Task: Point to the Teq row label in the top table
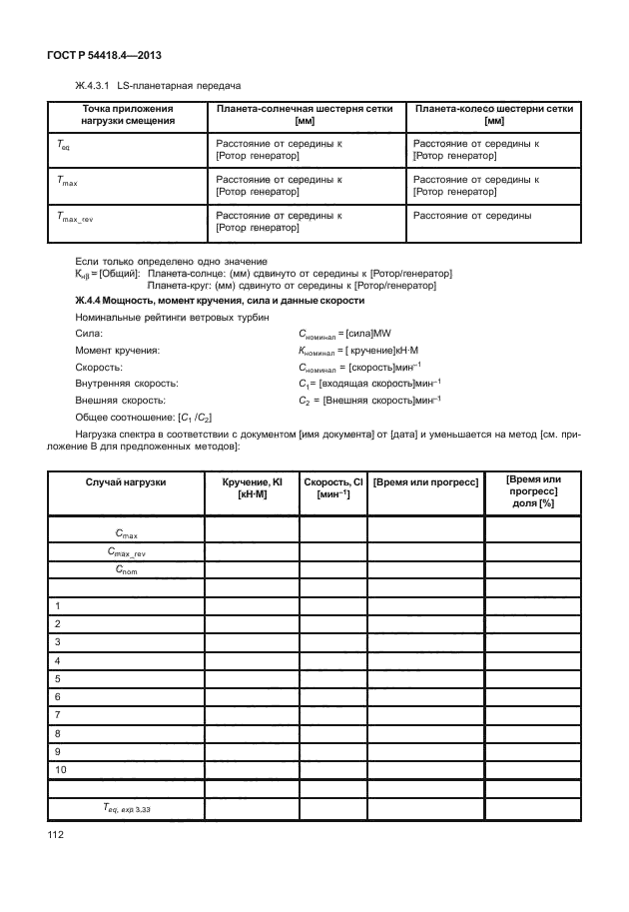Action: [x=62, y=147]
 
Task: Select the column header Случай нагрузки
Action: [x=126, y=481]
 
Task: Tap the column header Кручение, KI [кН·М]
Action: [x=252, y=487]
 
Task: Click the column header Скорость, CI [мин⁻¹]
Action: [x=332, y=487]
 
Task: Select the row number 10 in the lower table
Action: [x=61, y=769]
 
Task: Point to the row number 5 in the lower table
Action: [x=58, y=678]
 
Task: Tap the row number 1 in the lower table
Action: [x=58, y=606]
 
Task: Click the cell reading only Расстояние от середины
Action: [x=471, y=215]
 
